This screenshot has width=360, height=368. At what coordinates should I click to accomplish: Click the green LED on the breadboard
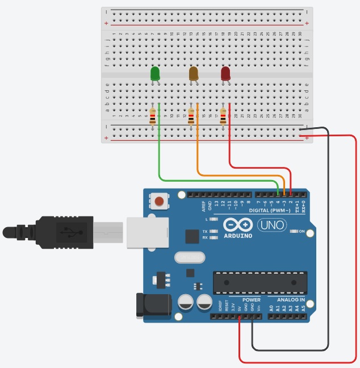pyautogui.click(x=155, y=73)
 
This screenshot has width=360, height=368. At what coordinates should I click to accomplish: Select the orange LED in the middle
pyautogui.click(x=193, y=73)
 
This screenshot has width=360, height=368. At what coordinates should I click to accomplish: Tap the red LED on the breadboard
pyautogui.click(x=225, y=73)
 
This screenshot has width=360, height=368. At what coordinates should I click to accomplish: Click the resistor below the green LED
pyautogui.click(x=152, y=116)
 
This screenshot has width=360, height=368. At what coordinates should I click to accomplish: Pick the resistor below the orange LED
pyautogui.click(x=191, y=116)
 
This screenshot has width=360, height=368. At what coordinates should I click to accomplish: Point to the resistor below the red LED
pyautogui.click(x=223, y=116)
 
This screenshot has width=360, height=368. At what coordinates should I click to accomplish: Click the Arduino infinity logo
pyautogui.click(x=237, y=224)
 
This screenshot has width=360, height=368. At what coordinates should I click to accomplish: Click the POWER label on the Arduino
pyautogui.click(x=251, y=299)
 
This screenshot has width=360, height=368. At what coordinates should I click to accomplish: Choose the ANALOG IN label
pyautogui.click(x=291, y=299)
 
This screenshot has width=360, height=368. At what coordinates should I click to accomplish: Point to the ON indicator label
pyautogui.click(x=301, y=231)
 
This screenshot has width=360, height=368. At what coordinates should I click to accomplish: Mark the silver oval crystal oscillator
pyautogui.click(x=189, y=258)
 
